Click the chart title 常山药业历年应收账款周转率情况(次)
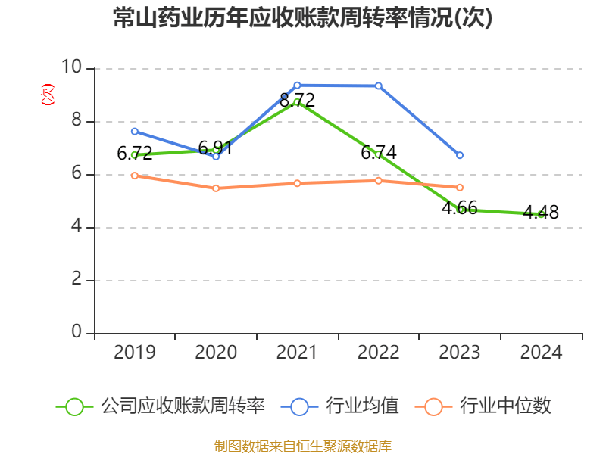pos(302,18)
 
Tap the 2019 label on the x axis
pos(135,352)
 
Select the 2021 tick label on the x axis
pos(297,352)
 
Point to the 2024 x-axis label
pos(542,352)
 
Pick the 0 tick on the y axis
pos(77,333)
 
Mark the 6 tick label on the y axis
pos(77,174)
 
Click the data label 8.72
pos(297,100)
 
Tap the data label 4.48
pos(542,213)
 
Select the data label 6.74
pos(379,152)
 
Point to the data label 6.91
pos(216,148)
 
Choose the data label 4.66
pos(460,207)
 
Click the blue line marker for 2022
pos(379,86)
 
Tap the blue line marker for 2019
pos(135,131)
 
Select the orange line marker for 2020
pos(216,188)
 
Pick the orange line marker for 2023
pos(460,187)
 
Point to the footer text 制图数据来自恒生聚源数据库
pos(302,446)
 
